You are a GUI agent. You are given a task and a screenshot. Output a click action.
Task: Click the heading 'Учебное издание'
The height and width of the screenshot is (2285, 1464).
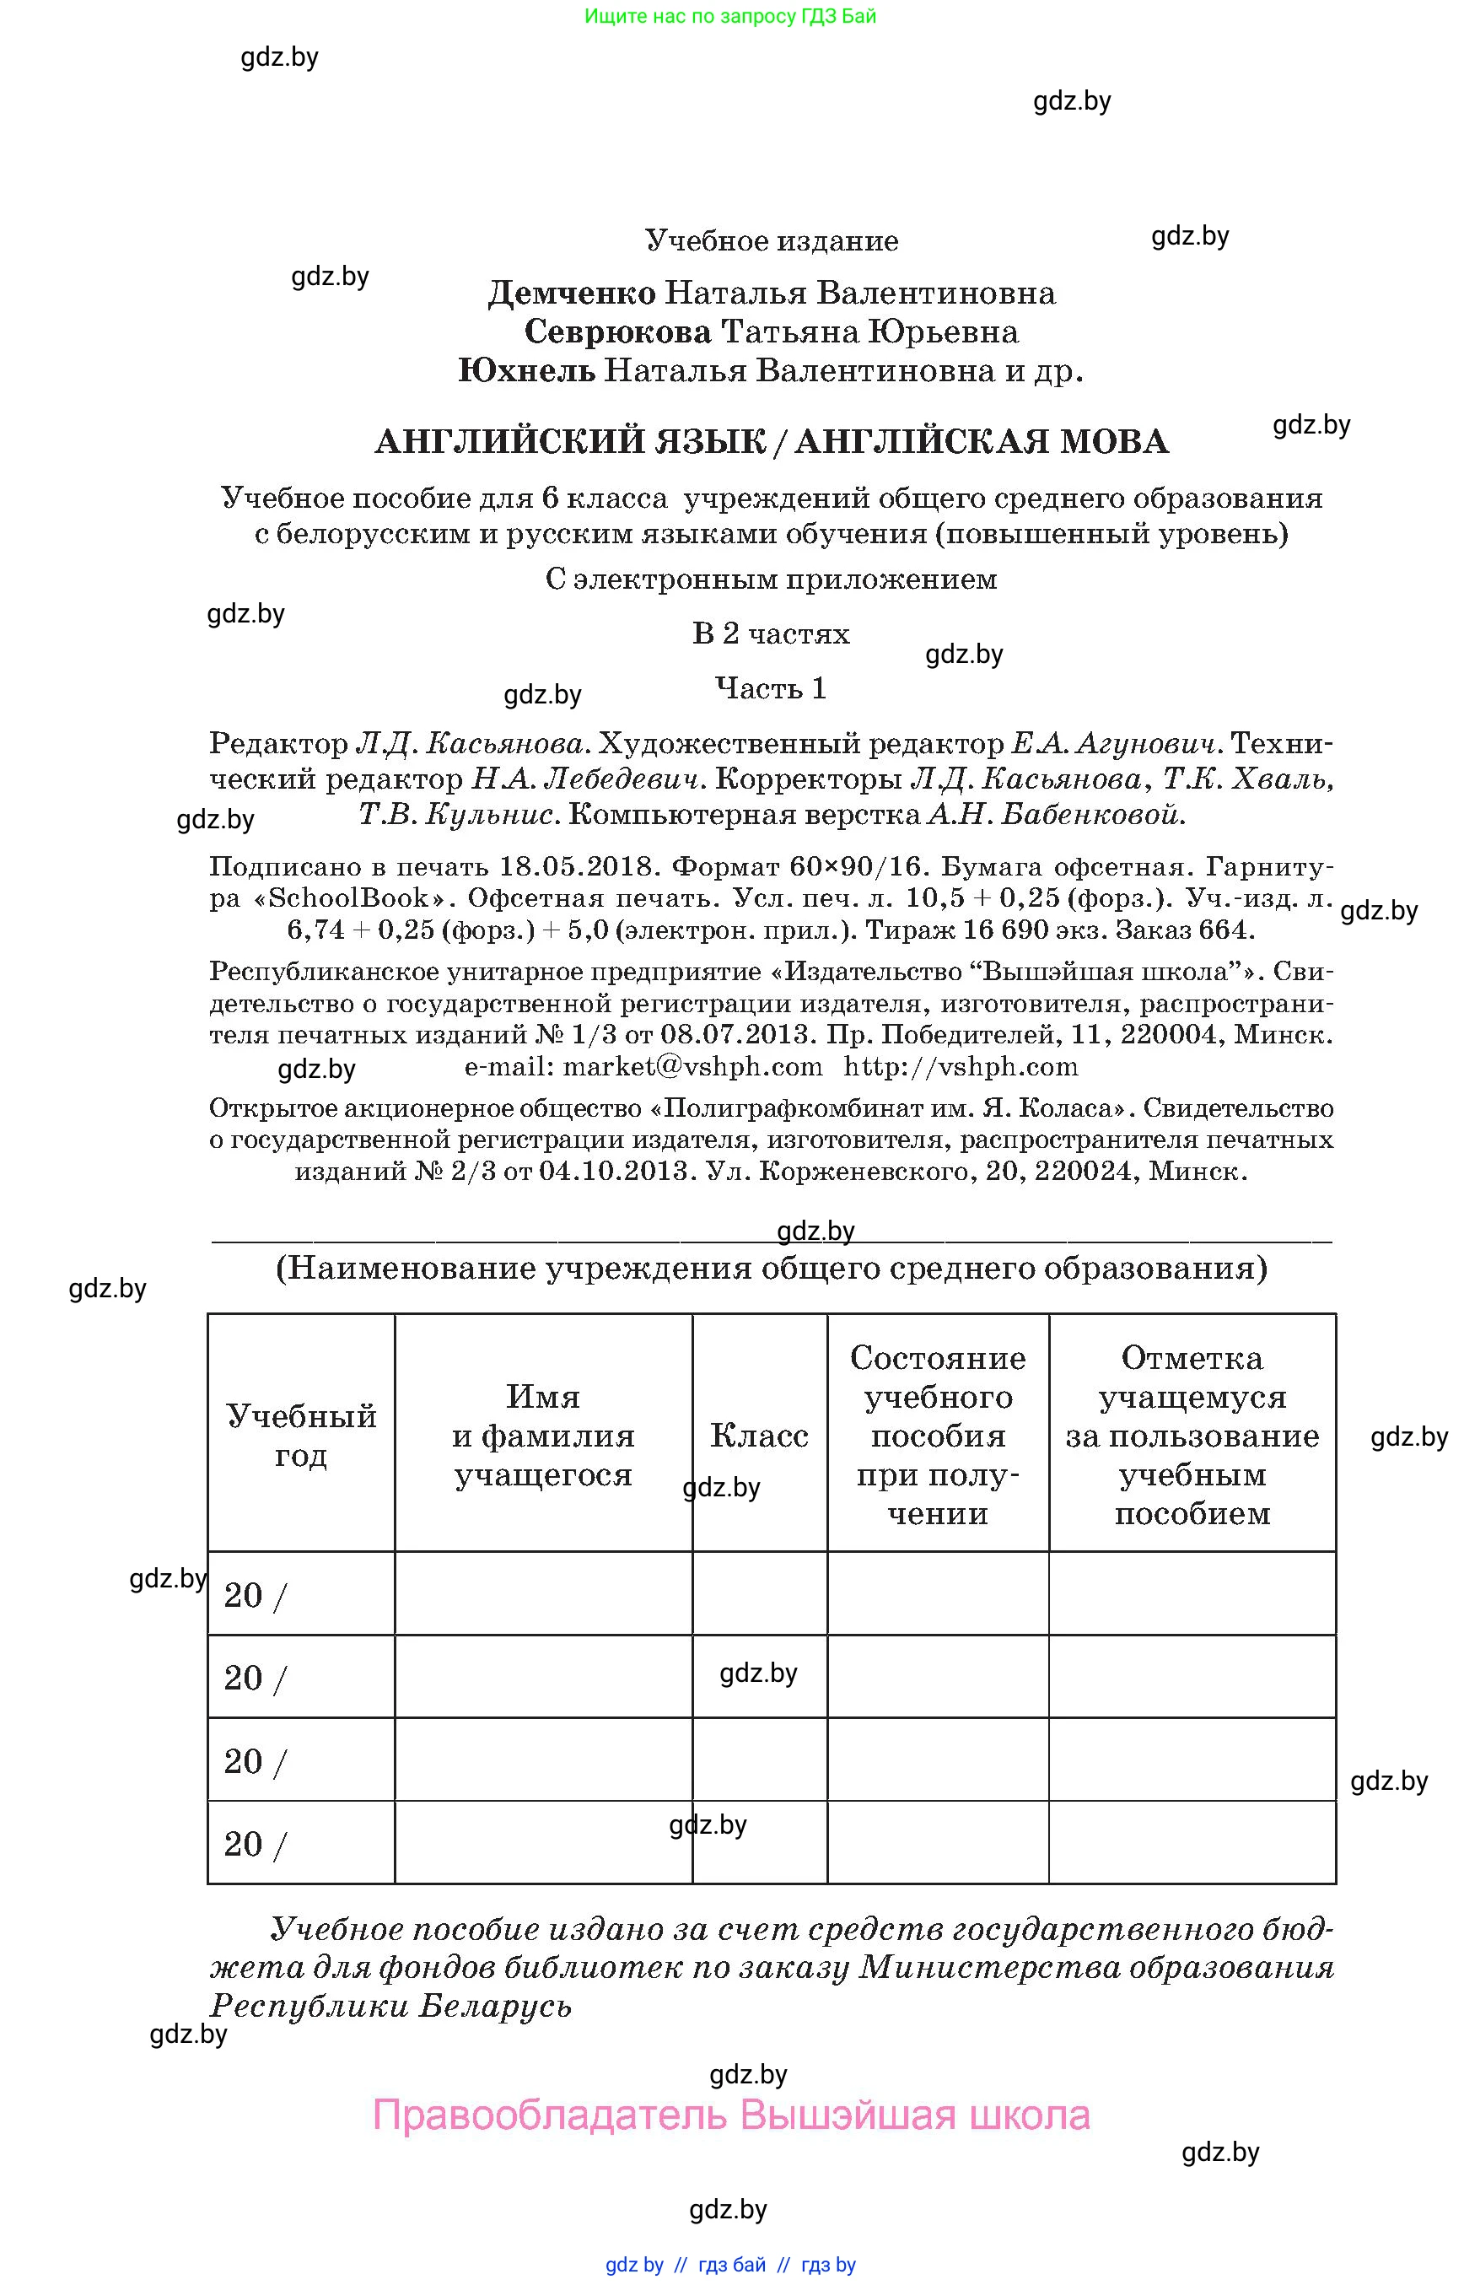click(771, 240)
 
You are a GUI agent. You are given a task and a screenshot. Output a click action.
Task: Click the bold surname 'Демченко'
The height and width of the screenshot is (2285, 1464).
click(571, 293)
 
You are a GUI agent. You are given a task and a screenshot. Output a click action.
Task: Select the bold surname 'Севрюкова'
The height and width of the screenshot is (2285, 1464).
click(617, 331)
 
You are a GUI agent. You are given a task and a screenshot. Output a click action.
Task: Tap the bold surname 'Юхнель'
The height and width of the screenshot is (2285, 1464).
click(527, 370)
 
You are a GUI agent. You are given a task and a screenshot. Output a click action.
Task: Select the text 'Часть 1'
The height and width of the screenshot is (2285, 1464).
click(770, 687)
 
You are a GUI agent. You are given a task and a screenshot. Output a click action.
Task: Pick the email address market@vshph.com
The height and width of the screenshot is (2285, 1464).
click(692, 1066)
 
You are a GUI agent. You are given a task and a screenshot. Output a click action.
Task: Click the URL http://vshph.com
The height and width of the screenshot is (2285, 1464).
click(961, 1066)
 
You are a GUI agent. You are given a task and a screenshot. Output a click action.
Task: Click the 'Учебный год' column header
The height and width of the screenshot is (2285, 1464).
click(300, 1435)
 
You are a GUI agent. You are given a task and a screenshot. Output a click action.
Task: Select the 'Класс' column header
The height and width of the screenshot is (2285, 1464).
click(759, 1435)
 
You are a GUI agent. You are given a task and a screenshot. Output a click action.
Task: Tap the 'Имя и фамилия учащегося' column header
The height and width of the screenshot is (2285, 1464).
click(543, 1435)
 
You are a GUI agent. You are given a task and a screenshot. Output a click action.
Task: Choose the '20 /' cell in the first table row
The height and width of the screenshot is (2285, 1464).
click(255, 1596)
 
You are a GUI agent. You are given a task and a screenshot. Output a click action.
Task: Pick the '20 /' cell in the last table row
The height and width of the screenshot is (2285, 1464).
click(255, 1845)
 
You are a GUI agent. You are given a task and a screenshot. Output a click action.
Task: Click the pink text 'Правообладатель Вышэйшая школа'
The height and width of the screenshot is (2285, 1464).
click(731, 2115)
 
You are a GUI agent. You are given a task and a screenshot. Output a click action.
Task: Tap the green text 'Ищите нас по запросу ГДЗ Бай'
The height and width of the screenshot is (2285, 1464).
click(730, 16)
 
